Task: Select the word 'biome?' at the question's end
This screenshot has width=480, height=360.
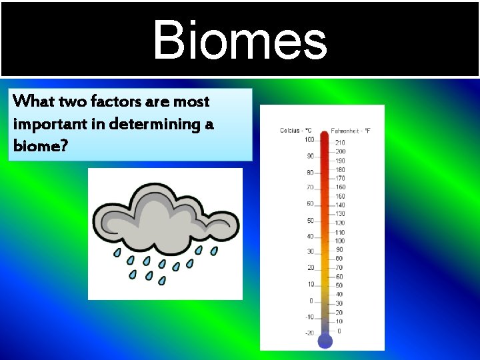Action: pyautogui.click(x=40, y=146)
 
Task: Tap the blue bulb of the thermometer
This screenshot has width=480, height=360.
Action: pyautogui.click(x=325, y=341)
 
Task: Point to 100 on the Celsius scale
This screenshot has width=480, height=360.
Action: pyautogui.click(x=309, y=139)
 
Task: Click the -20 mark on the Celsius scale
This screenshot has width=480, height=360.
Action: pyautogui.click(x=309, y=333)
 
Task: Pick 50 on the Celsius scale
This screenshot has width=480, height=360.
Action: pyautogui.click(x=310, y=220)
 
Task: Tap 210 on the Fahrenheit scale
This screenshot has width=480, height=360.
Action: pyautogui.click(x=340, y=143)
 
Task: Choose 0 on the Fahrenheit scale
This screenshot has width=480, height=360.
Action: pyautogui.click(x=340, y=331)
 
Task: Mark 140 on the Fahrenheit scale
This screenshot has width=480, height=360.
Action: pyautogui.click(x=340, y=205)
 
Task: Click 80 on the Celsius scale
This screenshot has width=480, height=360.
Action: pyautogui.click(x=310, y=172)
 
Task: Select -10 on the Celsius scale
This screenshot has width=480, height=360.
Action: pyautogui.click(x=309, y=317)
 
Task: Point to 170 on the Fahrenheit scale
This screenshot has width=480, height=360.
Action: pyautogui.click(x=340, y=178)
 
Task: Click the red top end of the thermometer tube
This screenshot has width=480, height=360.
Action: pyautogui.click(x=325, y=136)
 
